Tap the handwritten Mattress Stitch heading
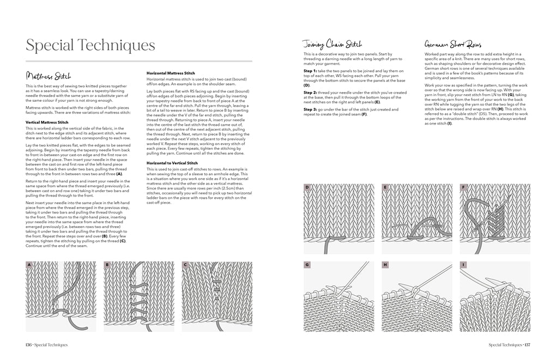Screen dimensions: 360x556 click(x=49, y=76)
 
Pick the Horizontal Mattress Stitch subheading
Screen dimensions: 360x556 click(x=170, y=73)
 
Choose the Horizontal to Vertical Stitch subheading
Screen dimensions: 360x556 click(x=172, y=163)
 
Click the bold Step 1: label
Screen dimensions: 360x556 click(x=310, y=71)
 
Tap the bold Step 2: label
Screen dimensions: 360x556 click(x=310, y=93)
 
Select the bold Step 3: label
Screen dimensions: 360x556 click(x=310, y=110)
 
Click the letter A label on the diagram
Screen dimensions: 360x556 click(x=29, y=265)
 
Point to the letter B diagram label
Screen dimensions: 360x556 click(x=107, y=265)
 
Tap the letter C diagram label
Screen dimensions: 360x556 click(x=185, y=265)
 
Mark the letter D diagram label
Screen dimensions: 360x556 click(x=307, y=187)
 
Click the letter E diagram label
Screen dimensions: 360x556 click(x=385, y=187)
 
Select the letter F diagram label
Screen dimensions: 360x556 click(x=463, y=187)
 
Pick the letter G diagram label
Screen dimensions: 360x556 click(x=307, y=265)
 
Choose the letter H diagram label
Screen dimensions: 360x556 click(x=385, y=265)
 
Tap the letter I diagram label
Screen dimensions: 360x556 click(x=463, y=265)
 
